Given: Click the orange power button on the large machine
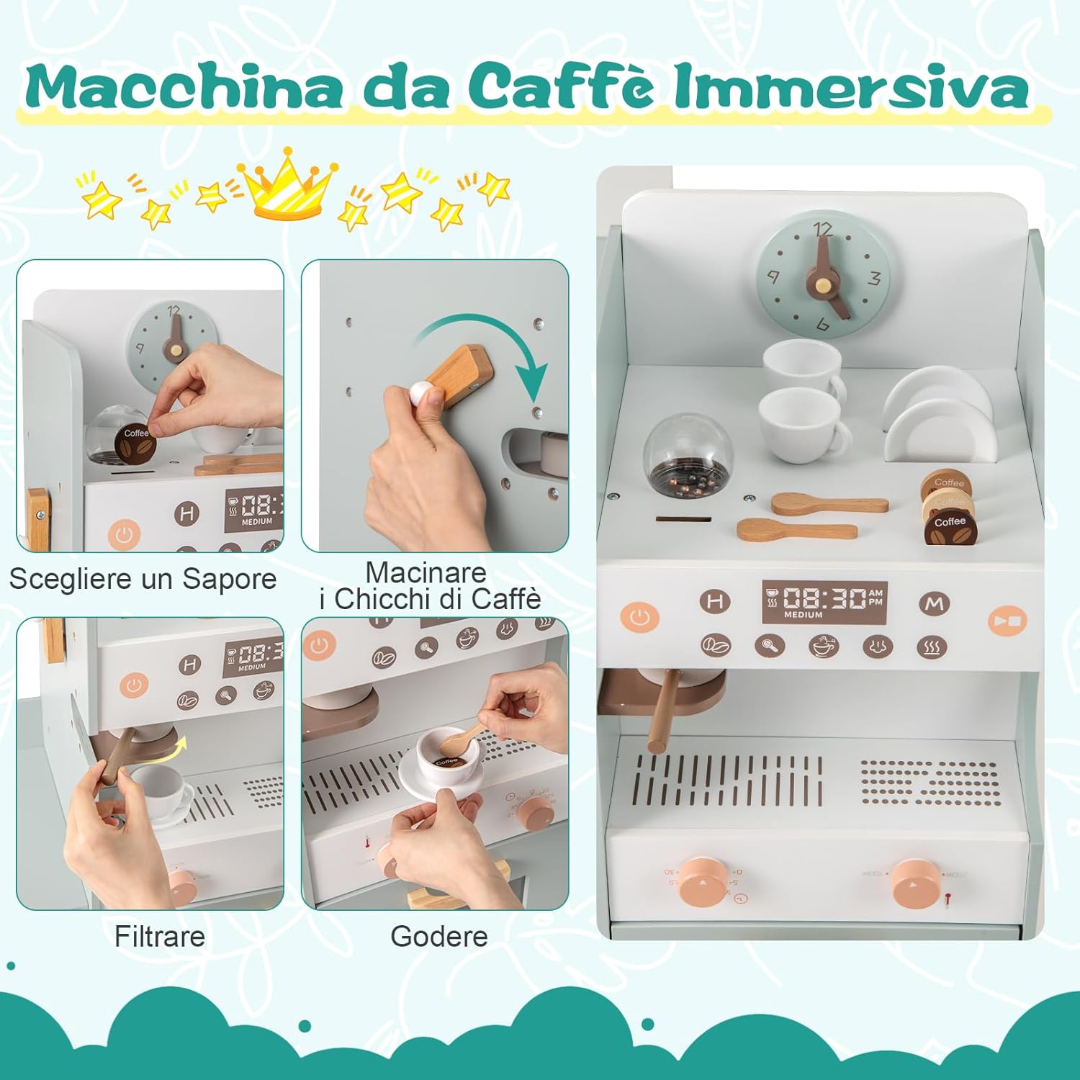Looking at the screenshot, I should tap(639, 617).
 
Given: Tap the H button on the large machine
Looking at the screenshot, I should tap(714, 602).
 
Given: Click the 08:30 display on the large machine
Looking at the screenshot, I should tap(824, 602).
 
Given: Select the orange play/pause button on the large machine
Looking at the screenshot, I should tap(1007, 620).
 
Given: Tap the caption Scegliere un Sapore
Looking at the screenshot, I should tap(143, 579).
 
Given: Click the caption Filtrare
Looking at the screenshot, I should tap(160, 937).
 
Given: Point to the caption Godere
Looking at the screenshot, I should tap(439, 937).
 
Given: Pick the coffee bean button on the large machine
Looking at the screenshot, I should tap(716, 645).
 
